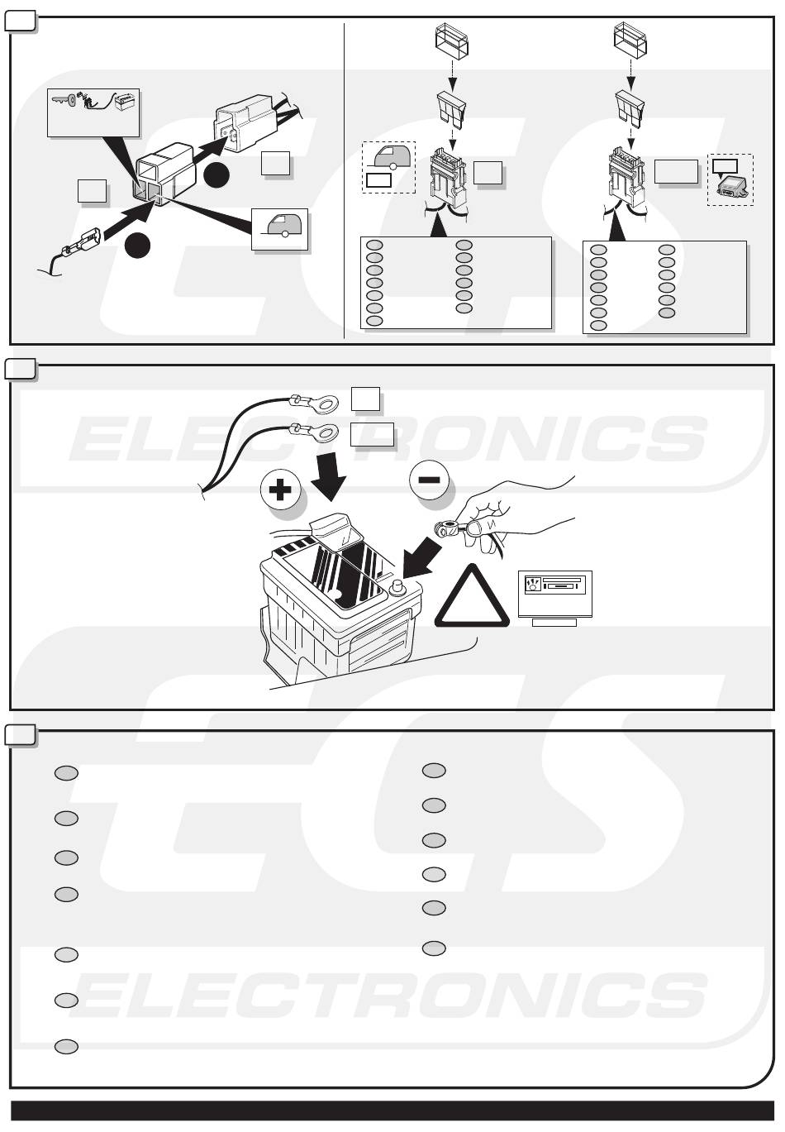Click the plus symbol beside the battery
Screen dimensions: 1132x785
280,490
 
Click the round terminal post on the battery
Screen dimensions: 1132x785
395,587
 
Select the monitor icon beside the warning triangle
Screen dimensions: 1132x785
554,593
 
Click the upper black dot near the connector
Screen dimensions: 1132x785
217,175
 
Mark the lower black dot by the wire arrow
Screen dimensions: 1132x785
138,246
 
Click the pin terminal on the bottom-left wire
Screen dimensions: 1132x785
80,244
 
